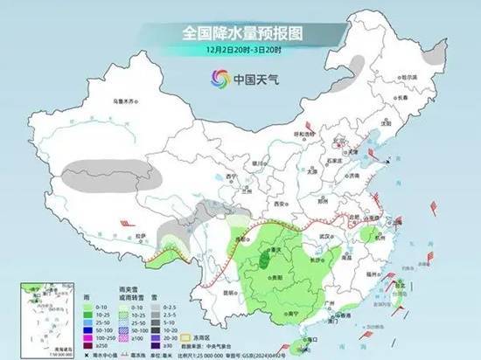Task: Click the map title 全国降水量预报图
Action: [x=240, y=33]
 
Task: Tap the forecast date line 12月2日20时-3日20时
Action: [x=240, y=50]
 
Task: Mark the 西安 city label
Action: [x=280, y=203]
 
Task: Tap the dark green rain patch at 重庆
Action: [x=263, y=258]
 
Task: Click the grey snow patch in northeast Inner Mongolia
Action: [x=357, y=64]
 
